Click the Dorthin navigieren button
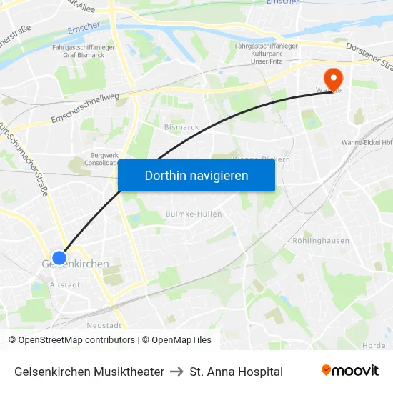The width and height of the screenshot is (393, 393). tap(196, 175)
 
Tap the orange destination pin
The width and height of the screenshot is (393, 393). tap(333, 79)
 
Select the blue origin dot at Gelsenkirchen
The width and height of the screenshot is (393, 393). tap(59, 258)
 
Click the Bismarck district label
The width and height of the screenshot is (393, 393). tap(181, 126)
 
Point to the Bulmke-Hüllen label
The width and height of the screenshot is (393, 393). tap(194, 214)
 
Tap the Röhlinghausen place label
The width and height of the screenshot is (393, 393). tap(321, 241)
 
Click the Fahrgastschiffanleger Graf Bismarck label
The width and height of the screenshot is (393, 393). tap(84, 51)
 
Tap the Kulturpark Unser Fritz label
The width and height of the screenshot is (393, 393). tap(265, 55)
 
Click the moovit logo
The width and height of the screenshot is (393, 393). tap(350, 371)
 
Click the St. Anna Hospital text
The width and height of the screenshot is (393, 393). tap(237, 372)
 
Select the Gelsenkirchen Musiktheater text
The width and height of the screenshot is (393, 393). tap(89, 372)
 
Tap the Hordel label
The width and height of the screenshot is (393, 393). tap(375, 344)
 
